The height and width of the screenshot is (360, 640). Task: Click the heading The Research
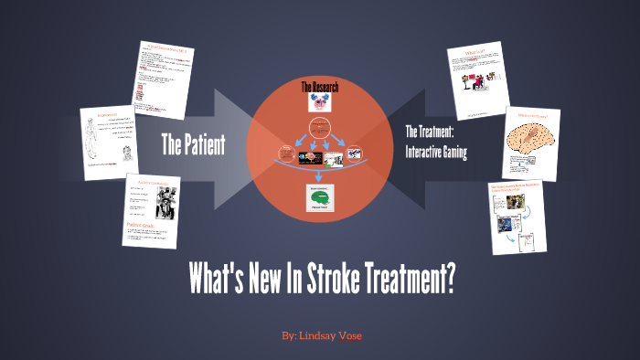(319, 87)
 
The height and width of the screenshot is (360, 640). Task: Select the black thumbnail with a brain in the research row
(305, 158)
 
